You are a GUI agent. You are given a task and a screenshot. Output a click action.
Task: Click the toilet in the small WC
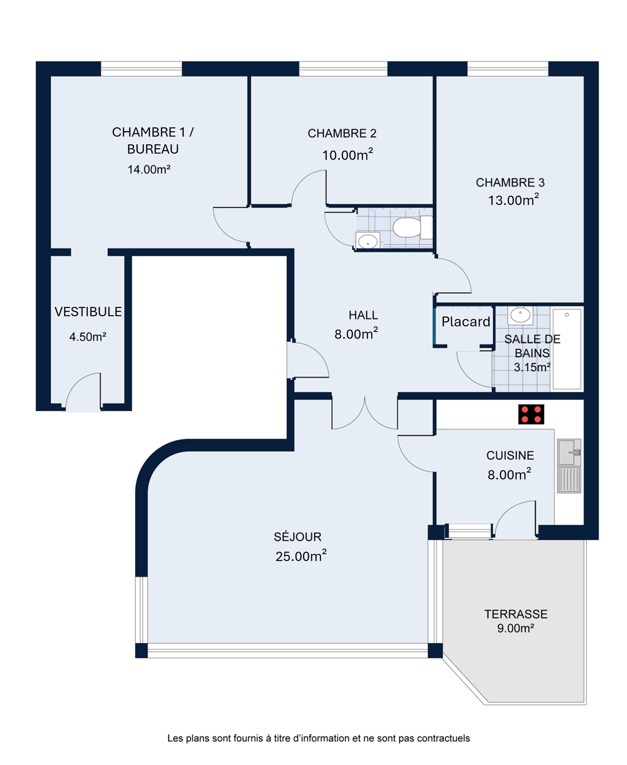point(412,227)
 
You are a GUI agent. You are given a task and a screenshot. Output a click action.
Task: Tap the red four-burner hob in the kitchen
point(531,414)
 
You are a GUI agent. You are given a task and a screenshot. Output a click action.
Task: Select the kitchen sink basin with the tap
point(569,452)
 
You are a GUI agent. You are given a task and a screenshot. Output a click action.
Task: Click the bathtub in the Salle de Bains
point(567,349)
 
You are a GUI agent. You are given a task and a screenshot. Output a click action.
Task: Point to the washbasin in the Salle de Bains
point(520,315)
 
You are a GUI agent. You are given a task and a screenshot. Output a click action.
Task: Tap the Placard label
point(466,322)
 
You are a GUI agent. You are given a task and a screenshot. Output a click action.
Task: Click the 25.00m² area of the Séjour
point(301,556)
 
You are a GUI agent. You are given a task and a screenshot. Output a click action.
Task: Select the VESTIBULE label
point(88,312)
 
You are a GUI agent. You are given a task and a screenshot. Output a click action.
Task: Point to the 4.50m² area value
point(88,337)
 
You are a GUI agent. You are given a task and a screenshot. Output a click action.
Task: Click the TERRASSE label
point(516,614)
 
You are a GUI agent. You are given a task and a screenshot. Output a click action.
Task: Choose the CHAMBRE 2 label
point(342,133)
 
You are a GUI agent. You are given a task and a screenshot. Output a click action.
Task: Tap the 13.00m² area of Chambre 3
point(513,200)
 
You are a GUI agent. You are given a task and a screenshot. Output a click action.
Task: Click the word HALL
point(363,315)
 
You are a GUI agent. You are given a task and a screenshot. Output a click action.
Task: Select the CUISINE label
point(510,455)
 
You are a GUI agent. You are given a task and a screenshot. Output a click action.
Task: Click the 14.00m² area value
point(149,169)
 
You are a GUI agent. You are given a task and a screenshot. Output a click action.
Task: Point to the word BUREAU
point(153,149)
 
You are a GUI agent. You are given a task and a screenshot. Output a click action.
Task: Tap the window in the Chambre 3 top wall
point(508,69)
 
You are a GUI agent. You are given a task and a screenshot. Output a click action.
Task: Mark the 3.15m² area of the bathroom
point(532,367)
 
